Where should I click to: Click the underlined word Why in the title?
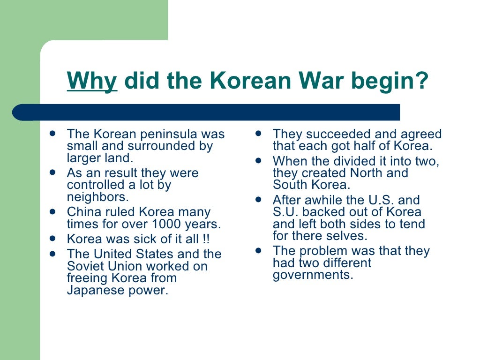(92, 82)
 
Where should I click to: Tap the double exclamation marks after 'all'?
(206, 239)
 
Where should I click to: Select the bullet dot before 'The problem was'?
(258, 250)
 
